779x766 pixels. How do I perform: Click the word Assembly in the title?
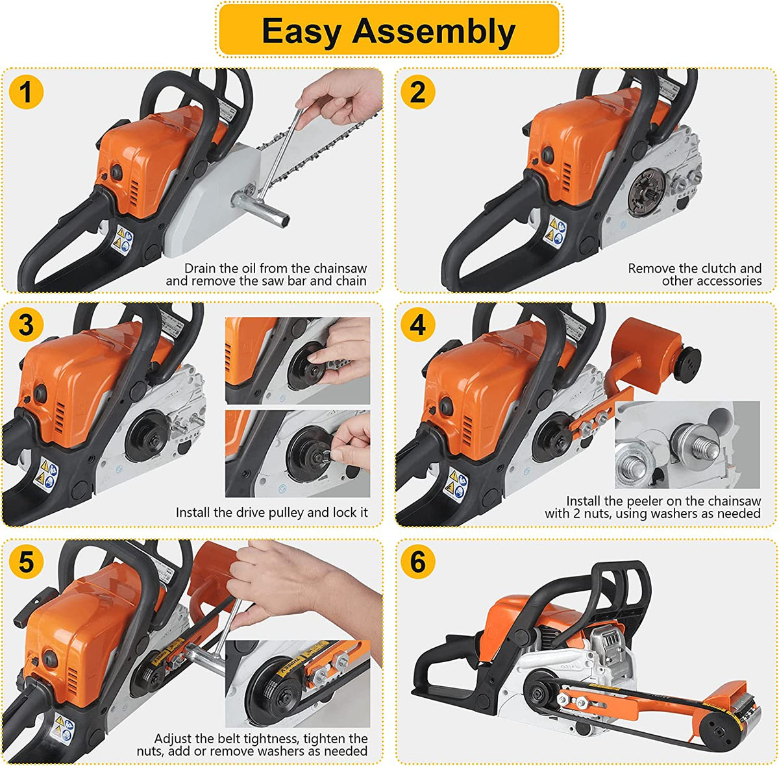click(x=434, y=32)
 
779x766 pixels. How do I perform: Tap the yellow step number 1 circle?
click(x=26, y=92)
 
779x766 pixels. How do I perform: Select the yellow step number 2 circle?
click(x=417, y=93)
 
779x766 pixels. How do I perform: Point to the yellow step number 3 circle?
click(x=26, y=325)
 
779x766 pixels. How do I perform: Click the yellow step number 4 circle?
click(x=417, y=325)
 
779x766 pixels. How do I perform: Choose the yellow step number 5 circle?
click(x=26, y=562)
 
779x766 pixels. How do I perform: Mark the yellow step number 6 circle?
click(x=417, y=562)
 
